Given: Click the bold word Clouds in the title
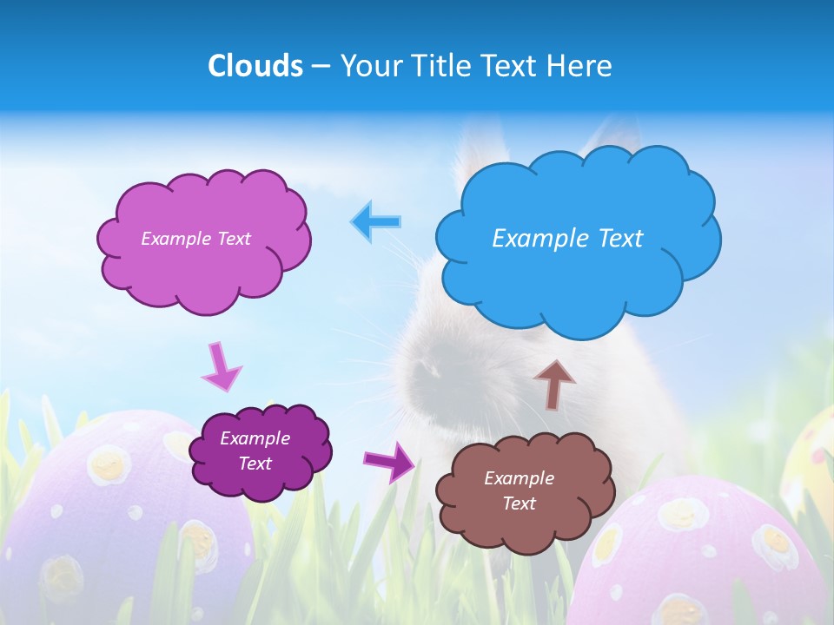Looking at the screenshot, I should tap(255, 66).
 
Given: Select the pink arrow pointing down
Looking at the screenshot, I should tap(220, 365).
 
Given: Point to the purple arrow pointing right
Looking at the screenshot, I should tap(390, 461).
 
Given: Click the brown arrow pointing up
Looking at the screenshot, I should tap(553, 383).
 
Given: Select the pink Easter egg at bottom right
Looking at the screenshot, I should tap(704, 556).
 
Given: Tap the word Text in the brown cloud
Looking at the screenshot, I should tap(519, 503).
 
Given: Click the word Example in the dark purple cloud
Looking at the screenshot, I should tap(255, 438).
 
